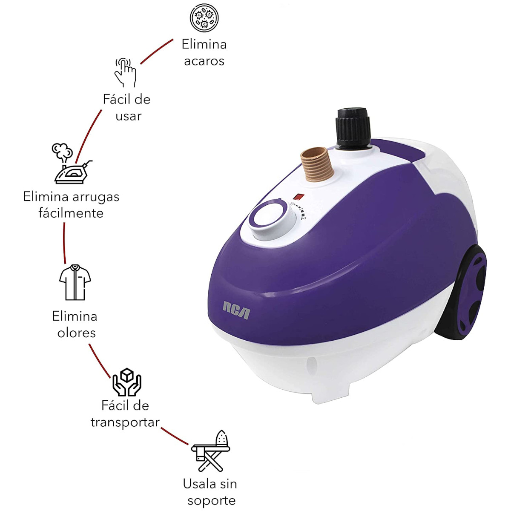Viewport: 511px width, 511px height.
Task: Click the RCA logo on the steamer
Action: tap(236, 310)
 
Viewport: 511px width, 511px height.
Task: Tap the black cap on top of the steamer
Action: tap(353, 128)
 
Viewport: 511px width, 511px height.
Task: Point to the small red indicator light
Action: tap(299, 197)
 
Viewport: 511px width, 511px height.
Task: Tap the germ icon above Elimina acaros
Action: tap(204, 18)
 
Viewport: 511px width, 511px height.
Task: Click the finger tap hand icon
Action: tap(125, 72)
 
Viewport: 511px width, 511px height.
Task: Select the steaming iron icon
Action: tap(71, 164)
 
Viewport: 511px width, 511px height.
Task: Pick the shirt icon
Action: tap(75, 282)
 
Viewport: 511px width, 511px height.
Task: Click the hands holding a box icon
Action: tap(127, 382)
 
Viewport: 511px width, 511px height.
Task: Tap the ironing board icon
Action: tap(210, 451)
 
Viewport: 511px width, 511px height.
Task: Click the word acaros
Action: tap(204, 61)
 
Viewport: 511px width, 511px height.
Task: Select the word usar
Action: tap(128, 116)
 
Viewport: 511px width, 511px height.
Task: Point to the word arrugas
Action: tap(96, 198)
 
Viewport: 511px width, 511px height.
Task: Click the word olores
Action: tap(76, 333)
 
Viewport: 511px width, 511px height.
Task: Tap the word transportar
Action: tap(125, 423)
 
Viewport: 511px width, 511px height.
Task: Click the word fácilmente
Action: tap(71, 213)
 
